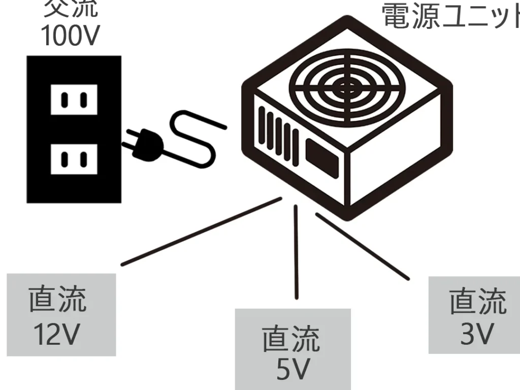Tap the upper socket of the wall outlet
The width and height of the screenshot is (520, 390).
click(74, 99)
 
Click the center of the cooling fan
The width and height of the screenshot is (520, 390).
click(347, 87)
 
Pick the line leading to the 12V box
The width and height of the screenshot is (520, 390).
click(201, 232)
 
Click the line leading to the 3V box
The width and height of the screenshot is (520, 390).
click(362, 246)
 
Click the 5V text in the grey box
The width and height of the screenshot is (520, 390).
click(292, 370)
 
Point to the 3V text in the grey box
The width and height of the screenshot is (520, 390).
click(477, 333)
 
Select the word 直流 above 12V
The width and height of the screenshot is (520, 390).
click(57, 299)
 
